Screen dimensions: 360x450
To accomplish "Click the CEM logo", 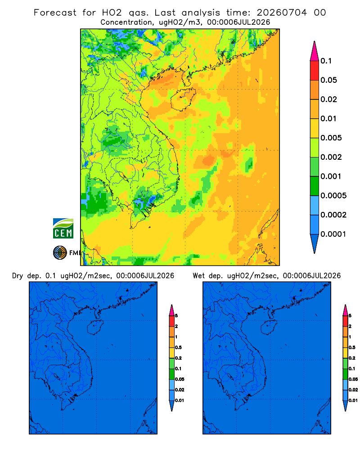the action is pyautogui.click(x=63, y=228).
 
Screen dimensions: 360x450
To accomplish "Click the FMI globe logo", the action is pyautogui.click(x=60, y=252).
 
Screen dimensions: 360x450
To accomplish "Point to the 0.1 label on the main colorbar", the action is pyautogui.click(x=326, y=61).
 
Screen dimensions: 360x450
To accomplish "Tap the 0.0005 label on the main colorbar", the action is pyautogui.click(x=333, y=195).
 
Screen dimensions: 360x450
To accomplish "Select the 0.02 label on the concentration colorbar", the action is pyautogui.click(x=328, y=99).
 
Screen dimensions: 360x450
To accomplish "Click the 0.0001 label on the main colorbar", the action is pyautogui.click(x=333, y=234).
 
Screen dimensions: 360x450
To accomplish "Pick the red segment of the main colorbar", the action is pyautogui.click(x=315, y=71).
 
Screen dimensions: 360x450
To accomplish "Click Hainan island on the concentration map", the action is pyautogui.click(x=183, y=99).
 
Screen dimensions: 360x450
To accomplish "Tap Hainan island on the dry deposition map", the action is pyautogui.click(x=95, y=327).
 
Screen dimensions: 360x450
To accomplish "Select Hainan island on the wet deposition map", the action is pyautogui.click(x=269, y=327).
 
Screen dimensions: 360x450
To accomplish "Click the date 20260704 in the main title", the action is pyautogui.click(x=282, y=13).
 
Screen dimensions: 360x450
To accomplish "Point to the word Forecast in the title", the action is pyautogui.click(x=55, y=13).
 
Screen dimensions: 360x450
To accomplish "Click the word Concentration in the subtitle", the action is pyautogui.click(x=126, y=22).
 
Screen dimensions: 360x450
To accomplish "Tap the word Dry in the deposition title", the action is pyautogui.click(x=18, y=275).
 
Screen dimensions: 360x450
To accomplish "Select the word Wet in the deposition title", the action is pyautogui.click(x=198, y=275).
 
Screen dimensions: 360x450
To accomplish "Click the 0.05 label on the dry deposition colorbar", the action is pyautogui.click(x=180, y=379).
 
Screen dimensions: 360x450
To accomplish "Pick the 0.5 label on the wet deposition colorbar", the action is pyautogui.click(x=352, y=347).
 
